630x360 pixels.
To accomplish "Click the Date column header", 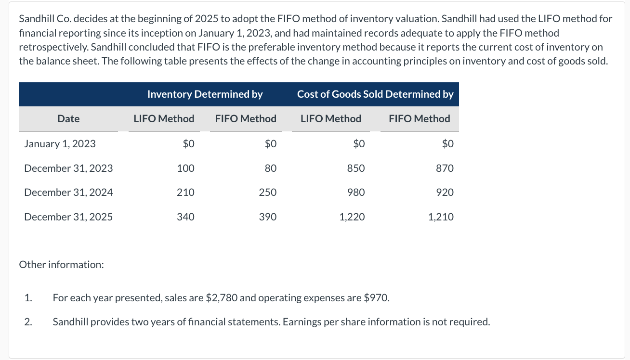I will pyautogui.click(x=68, y=119).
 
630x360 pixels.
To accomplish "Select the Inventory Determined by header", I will pyautogui.click(x=205, y=94).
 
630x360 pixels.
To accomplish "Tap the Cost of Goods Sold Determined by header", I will pyautogui.click(x=375, y=94).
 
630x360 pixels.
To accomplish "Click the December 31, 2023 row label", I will pyautogui.click(x=68, y=168).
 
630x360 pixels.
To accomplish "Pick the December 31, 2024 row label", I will pyautogui.click(x=68, y=193).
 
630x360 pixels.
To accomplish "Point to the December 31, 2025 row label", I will pyautogui.click(x=68, y=217).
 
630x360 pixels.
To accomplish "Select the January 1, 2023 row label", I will pyautogui.click(x=60, y=144).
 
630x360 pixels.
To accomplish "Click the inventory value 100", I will pyautogui.click(x=185, y=168).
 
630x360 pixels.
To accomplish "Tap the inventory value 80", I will pyautogui.click(x=270, y=168).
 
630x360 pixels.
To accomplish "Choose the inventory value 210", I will pyautogui.click(x=185, y=193).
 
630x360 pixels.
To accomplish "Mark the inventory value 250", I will pyautogui.click(x=268, y=193).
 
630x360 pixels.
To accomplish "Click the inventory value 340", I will pyautogui.click(x=185, y=217).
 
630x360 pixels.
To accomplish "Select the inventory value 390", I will pyautogui.click(x=268, y=217).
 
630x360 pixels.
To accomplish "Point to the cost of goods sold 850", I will pyautogui.click(x=356, y=168).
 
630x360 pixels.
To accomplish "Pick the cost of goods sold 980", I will pyautogui.click(x=356, y=193).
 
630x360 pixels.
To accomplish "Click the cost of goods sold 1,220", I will pyautogui.click(x=352, y=217).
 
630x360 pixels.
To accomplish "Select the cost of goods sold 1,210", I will pyautogui.click(x=441, y=217).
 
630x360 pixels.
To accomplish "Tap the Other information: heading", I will pyautogui.click(x=61, y=265).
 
